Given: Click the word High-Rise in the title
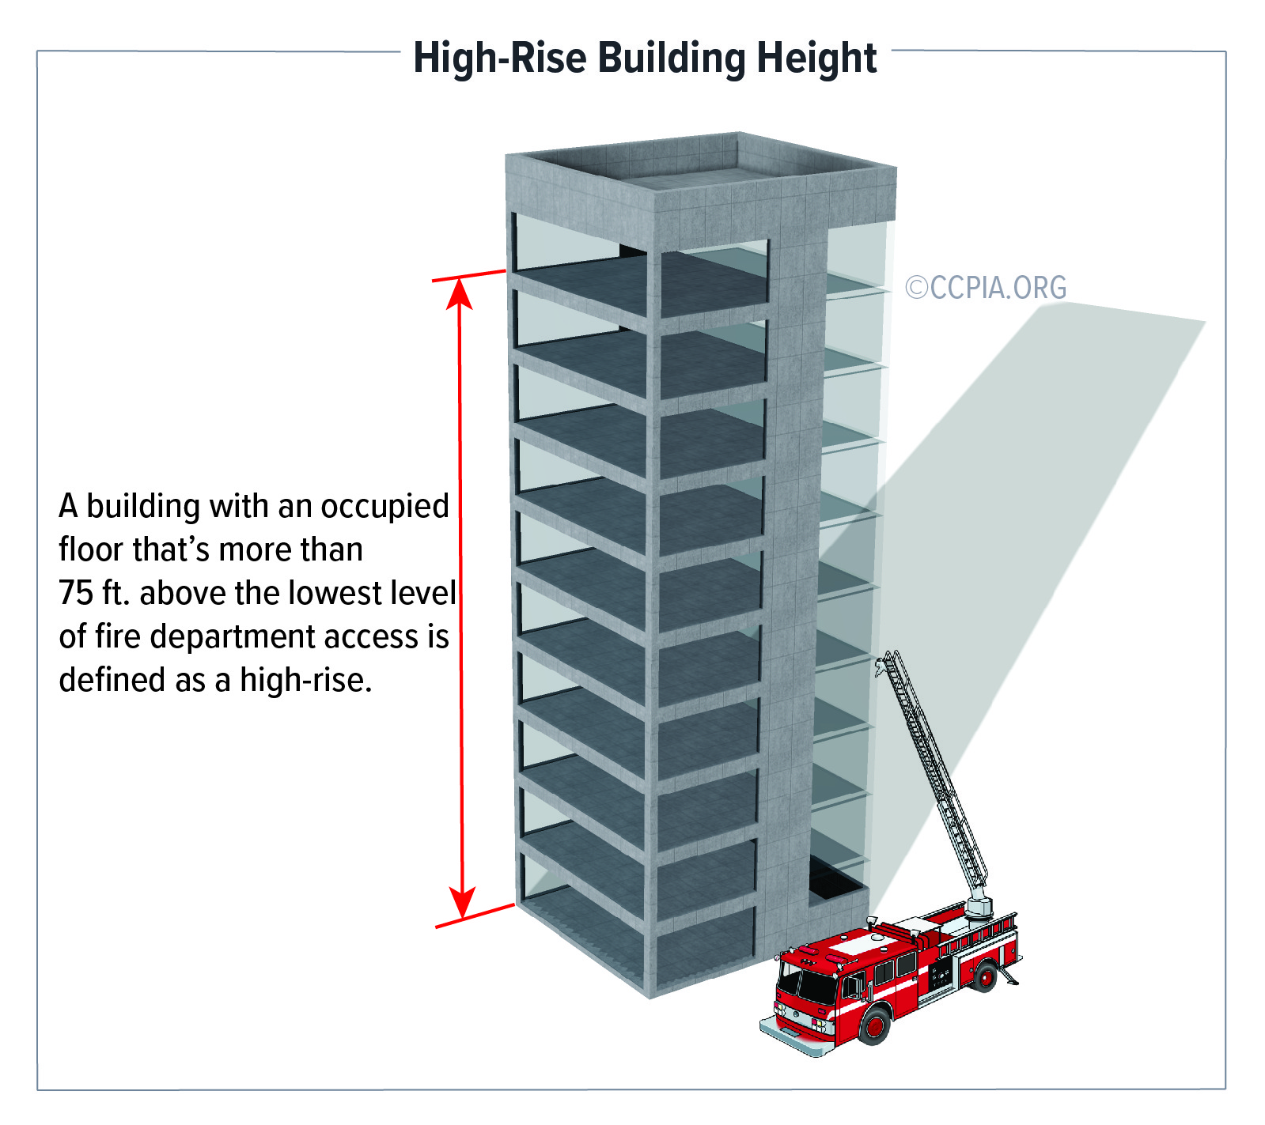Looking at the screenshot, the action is pyautogui.click(x=500, y=59).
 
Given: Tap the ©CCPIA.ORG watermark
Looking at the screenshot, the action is pyautogui.click(x=986, y=287).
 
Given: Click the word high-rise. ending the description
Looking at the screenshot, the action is pyautogui.click(x=306, y=680).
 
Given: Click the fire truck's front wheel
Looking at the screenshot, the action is pyautogui.click(x=874, y=1025).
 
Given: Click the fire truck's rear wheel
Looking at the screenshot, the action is pyautogui.click(x=985, y=976).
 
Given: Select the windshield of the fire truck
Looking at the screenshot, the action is pyautogui.click(x=805, y=984).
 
